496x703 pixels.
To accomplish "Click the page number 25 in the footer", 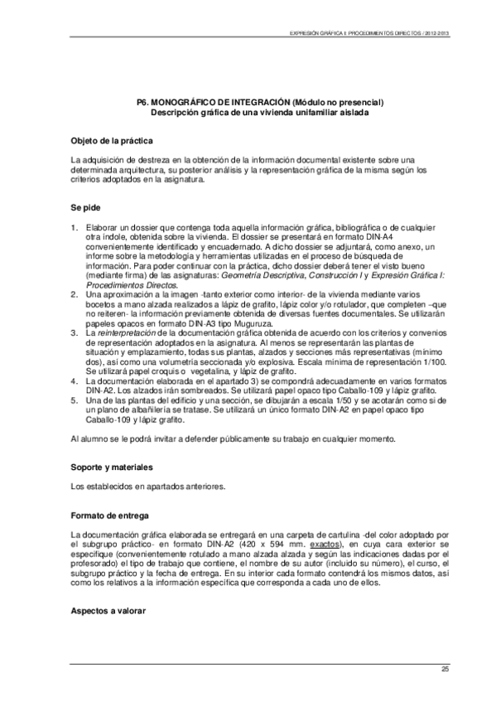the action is coord(445,668).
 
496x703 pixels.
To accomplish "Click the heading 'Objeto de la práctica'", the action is coord(112,140).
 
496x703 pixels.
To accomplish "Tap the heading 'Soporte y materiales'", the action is coord(111,468).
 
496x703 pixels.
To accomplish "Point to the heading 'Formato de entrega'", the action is coord(108,511).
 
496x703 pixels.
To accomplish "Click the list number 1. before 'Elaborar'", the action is coord(75,227).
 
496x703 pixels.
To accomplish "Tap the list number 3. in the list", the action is coord(75,332).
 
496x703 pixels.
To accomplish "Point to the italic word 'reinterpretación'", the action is coord(132,332).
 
